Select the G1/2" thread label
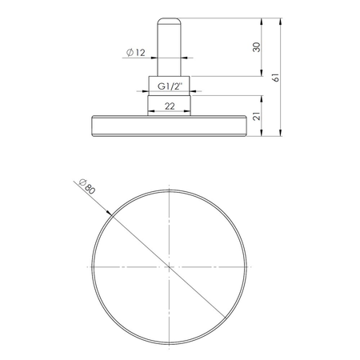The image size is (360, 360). (x=169, y=86)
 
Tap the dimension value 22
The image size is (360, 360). (x=169, y=105)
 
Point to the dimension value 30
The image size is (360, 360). (x=255, y=46)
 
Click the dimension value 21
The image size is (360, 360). (x=255, y=116)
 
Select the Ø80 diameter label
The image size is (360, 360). (x=86, y=188)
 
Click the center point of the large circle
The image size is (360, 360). (x=169, y=266)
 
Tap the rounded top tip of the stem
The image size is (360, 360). (x=169, y=17)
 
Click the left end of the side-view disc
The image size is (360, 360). (x=93, y=125)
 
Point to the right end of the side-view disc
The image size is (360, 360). (x=245, y=125)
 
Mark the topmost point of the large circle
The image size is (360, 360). (x=169, y=190)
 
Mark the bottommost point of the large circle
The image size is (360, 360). (x=169, y=343)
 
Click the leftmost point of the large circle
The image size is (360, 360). (x=92, y=266)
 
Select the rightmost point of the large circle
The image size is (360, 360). (x=246, y=266)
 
